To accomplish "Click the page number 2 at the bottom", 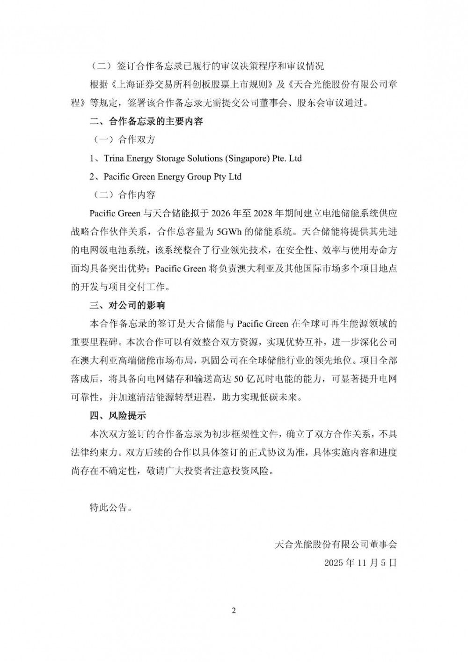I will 234,611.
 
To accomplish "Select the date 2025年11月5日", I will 360,562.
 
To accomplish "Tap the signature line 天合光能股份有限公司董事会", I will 336,544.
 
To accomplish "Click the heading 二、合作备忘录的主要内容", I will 146,122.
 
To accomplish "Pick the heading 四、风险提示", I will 118,415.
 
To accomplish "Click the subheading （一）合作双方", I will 122,140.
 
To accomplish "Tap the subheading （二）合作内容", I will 122,195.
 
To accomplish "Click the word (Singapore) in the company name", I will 248,158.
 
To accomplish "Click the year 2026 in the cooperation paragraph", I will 222,213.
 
